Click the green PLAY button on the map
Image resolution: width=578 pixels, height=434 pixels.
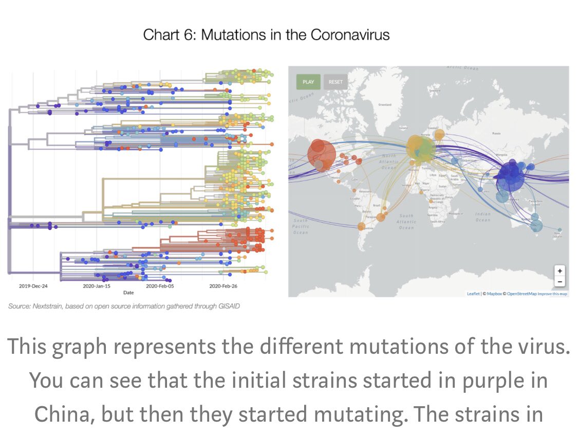coord(308,82)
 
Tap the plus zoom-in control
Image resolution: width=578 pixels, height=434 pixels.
coord(560,271)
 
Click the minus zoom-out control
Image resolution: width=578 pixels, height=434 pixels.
coord(560,281)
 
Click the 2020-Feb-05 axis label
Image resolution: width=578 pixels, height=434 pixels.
coord(160,285)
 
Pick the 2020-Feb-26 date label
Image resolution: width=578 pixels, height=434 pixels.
coord(223,285)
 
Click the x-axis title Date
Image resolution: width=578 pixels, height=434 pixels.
coord(128,292)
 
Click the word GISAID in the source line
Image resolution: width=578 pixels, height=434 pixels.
coord(229,306)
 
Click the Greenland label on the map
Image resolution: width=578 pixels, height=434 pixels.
coord(385,104)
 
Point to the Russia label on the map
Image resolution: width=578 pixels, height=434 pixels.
coord(496,133)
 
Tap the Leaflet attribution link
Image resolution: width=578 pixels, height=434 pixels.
coord(473,294)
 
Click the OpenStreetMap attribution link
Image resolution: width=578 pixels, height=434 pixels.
coord(521,294)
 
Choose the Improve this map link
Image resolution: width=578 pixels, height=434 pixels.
coord(552,294)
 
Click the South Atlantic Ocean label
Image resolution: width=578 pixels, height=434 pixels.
coord(406,222)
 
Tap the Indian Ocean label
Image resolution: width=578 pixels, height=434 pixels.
coord(483,217)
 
